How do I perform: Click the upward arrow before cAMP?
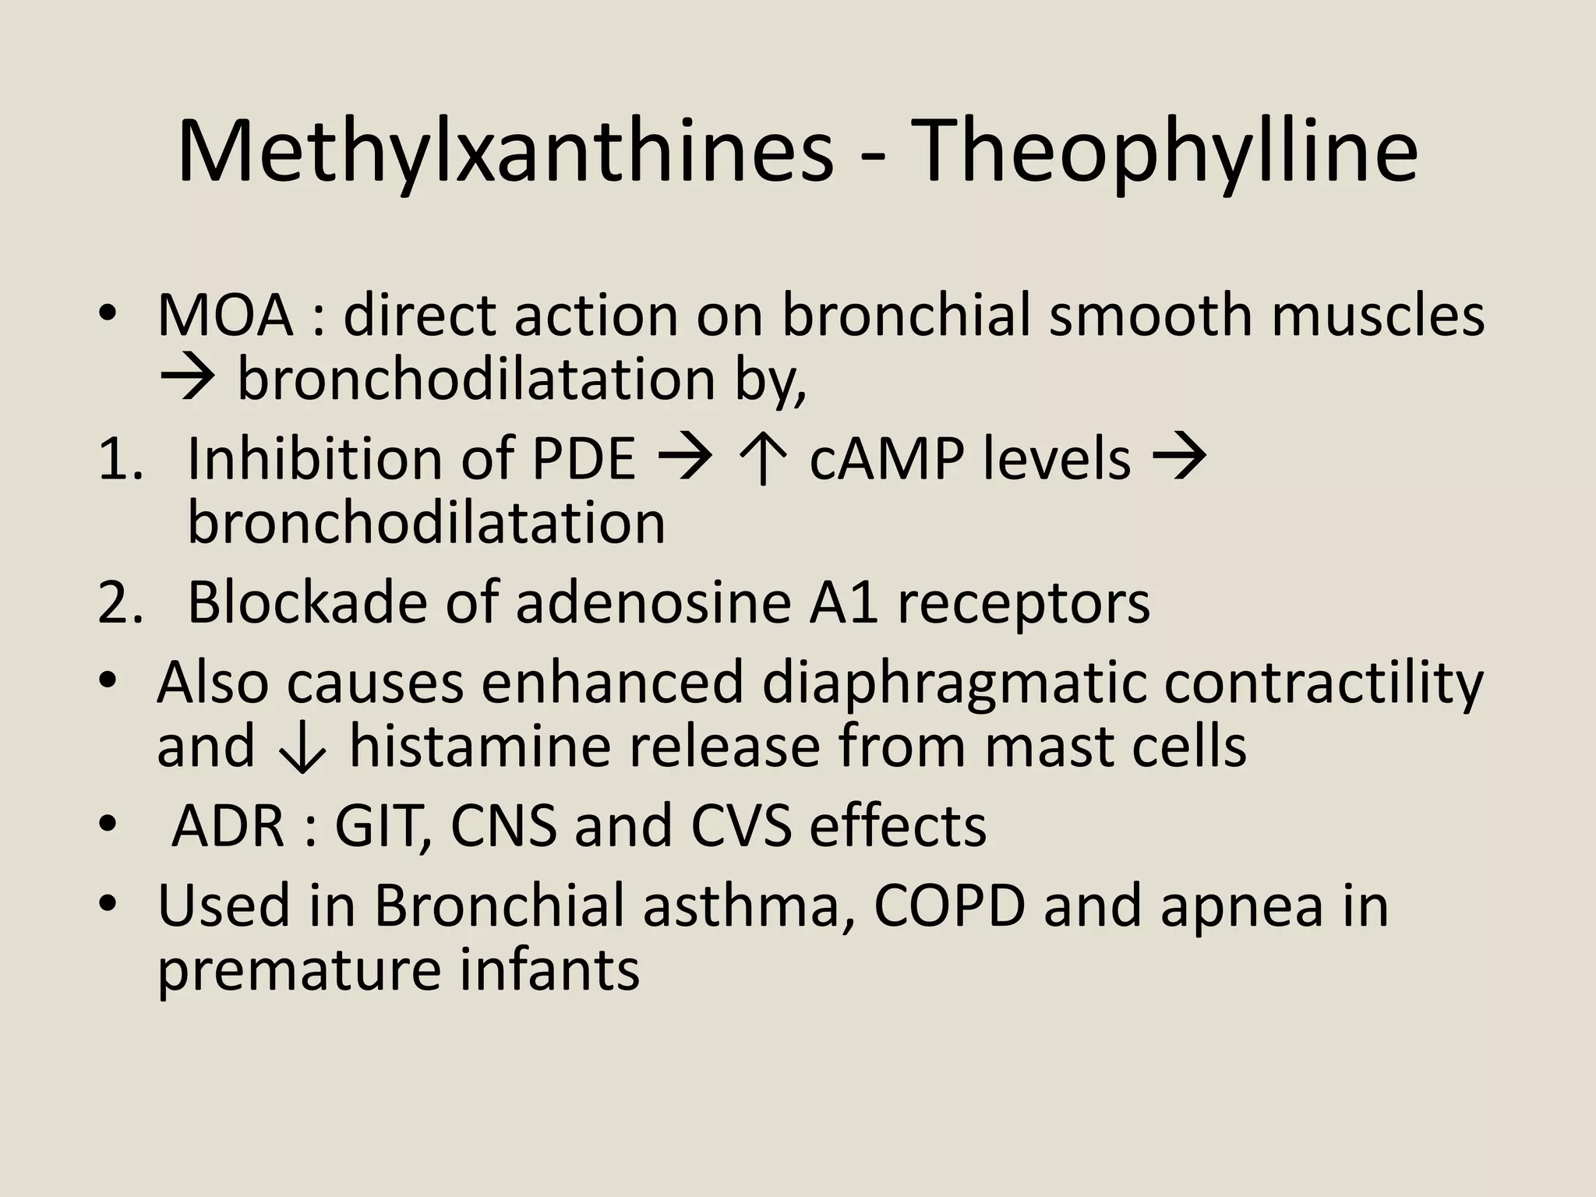pyautogui.click(x=764, y=461)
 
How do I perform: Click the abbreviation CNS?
pyautogui.click(x=503, y=826)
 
